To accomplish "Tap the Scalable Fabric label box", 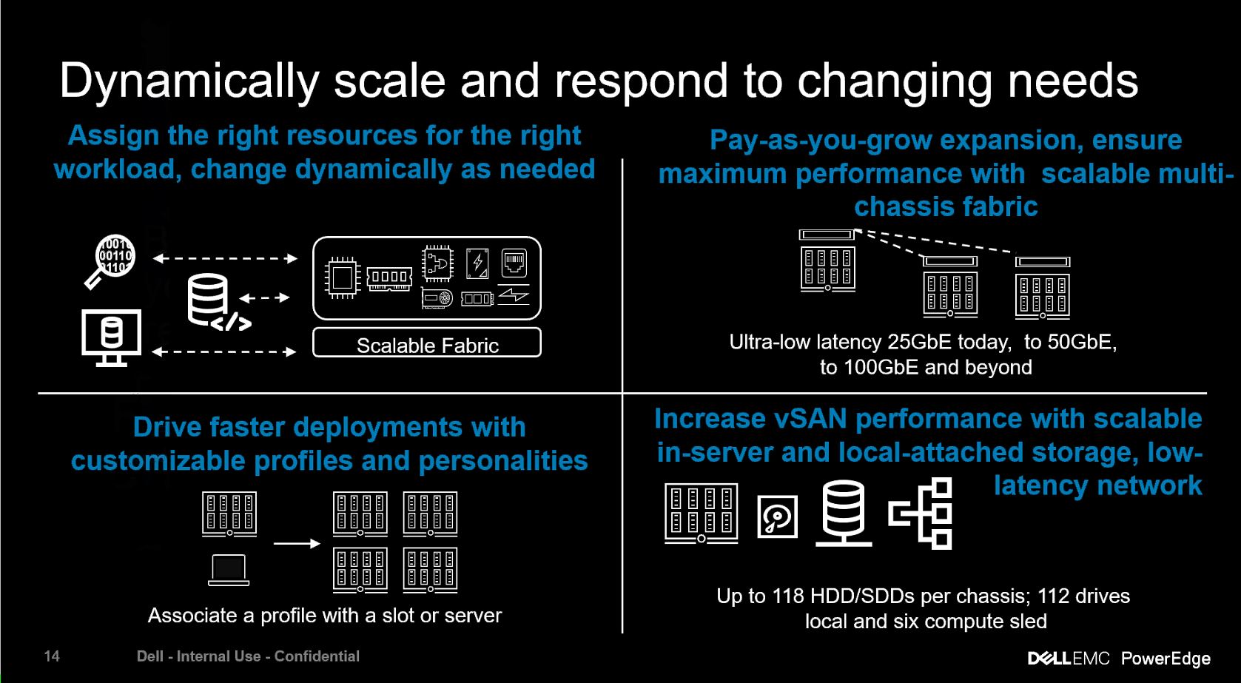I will (x=427, y=343).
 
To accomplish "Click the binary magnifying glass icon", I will (x=111, y=259).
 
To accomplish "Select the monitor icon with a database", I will (x=111, y=337).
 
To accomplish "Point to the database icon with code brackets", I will (x=215, y=301).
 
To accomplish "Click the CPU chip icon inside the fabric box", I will (x=343, y=278).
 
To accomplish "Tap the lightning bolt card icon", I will (x=477, y=263).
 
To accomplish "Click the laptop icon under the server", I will (x=229, y=570).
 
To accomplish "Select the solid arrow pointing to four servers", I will (x=297, y=544).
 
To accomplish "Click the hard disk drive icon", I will (x=777, y=517).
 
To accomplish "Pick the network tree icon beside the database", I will (x=921, y=513).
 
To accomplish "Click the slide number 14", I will (x=52, y=656).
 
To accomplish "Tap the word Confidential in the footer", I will (x=317, y=656).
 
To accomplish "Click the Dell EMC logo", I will (x=1068, y=658).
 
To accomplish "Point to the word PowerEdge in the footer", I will (x=1166, y=658).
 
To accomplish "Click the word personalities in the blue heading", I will (x=502, y=461).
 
